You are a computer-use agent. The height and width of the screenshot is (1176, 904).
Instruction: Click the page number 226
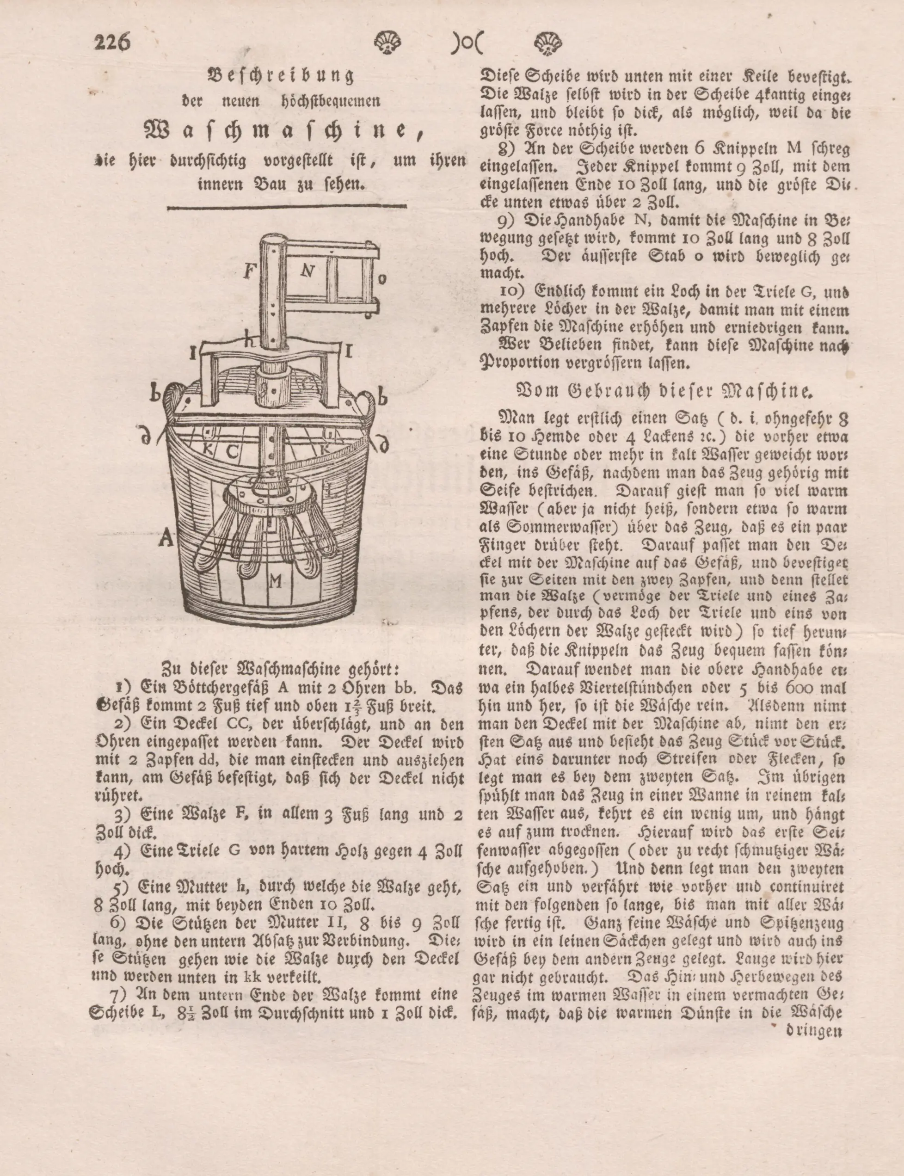(x=112, y=42)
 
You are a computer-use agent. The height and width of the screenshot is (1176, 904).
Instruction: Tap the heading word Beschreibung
(x=280, y=76)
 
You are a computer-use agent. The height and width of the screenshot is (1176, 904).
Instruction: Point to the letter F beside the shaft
(x=249, y=271)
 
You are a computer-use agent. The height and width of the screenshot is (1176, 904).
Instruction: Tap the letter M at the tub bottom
(x=276, y=581)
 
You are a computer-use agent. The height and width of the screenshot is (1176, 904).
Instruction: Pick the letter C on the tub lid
(x=232, y=451)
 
